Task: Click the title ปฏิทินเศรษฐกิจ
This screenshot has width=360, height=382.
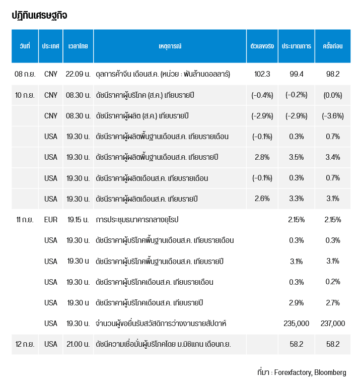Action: click(x=39, y=16)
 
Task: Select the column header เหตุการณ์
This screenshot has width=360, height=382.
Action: click(x=169, y=46)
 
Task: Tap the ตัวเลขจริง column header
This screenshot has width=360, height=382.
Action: click(x=262, y=46)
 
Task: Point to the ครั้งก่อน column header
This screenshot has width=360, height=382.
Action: click(x=332, y=46)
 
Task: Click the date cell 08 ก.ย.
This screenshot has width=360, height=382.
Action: click(x=25, y=74)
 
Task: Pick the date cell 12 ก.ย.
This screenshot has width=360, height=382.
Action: click(x=25, y=344)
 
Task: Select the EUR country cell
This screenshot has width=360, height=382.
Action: click(x=51, y=220)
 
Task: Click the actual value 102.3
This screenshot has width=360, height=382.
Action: click(x=262, y=74)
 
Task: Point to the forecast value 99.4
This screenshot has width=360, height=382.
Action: click(x=297, y=74)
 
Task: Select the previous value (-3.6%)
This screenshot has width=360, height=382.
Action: click(x=333, y=116)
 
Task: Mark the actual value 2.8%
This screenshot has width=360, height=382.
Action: click(x=262, y=157)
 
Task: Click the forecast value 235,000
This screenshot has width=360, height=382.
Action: click(x=297, y=324)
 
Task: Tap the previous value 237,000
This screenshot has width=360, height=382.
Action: click(x=333, y=324)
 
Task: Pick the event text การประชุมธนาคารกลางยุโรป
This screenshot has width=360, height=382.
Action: click(x=137, y=220)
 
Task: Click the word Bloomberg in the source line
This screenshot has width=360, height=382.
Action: click(x=330, y=373)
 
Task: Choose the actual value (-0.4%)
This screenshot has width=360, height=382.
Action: click(x=262, y=95)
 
